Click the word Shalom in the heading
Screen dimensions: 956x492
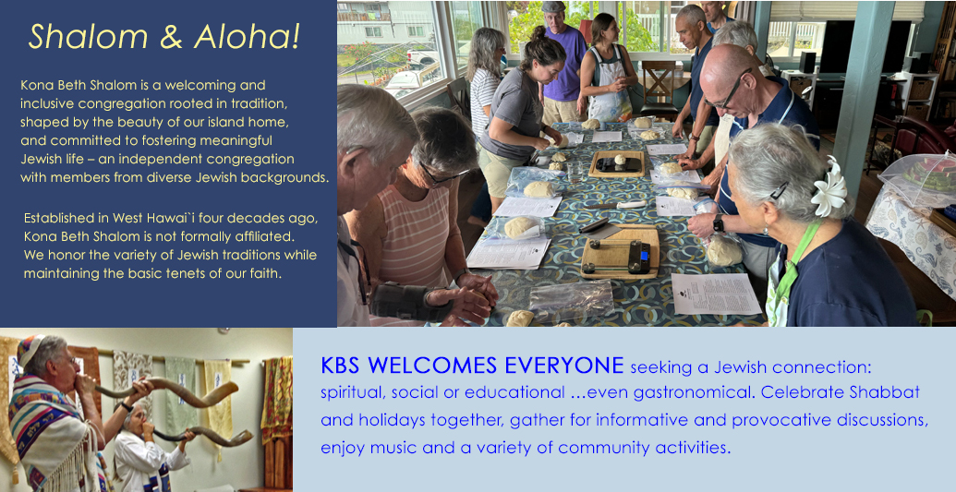point(88,37)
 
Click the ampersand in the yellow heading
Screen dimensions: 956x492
point(171,37)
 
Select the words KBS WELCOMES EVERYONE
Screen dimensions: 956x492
point(472,366)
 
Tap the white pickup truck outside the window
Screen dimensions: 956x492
point(422,58)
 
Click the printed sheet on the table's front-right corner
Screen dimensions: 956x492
point(716,294)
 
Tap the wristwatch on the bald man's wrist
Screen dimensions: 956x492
point(719,223)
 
